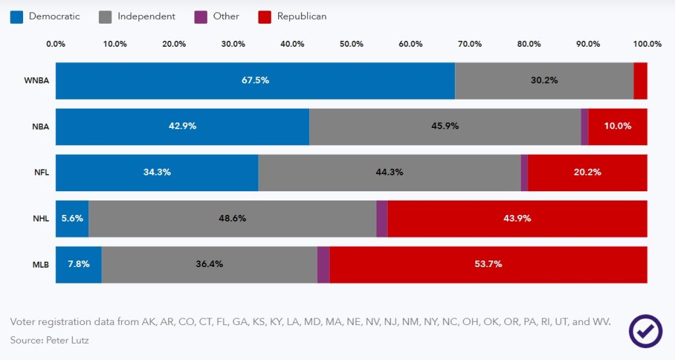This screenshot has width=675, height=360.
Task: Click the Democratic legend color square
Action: [x=16, y=16]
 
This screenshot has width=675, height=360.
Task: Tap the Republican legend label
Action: [x=301, y=16]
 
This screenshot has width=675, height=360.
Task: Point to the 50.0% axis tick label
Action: [x=351, y=44]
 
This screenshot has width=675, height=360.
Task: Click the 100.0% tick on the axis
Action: [x=647, y=44]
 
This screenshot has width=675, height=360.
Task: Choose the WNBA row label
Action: [x=37, y=81]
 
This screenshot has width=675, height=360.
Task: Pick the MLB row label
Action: [x=41, y=264]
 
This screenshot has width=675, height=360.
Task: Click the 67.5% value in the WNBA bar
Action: [x=255, y=80]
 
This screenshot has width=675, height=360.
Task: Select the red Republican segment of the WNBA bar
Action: [x=640, y=81]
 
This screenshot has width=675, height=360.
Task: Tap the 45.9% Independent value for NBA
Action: [x=445, y=126]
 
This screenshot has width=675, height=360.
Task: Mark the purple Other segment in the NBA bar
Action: [x=584, y=127]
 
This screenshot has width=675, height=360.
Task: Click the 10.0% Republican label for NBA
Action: [x=618, y=126]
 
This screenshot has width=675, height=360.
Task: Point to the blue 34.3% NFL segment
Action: [x=157, y=172]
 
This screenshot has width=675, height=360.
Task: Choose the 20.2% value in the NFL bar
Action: [x=587, y=172]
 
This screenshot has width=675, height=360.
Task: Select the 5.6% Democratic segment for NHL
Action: [x=72, y=218]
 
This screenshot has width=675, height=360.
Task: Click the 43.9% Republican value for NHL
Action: [x=517, y=218]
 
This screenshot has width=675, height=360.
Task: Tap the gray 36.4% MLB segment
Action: [x=209, y=264]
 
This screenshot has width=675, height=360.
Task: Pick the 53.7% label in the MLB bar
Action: [x=488, y=264]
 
